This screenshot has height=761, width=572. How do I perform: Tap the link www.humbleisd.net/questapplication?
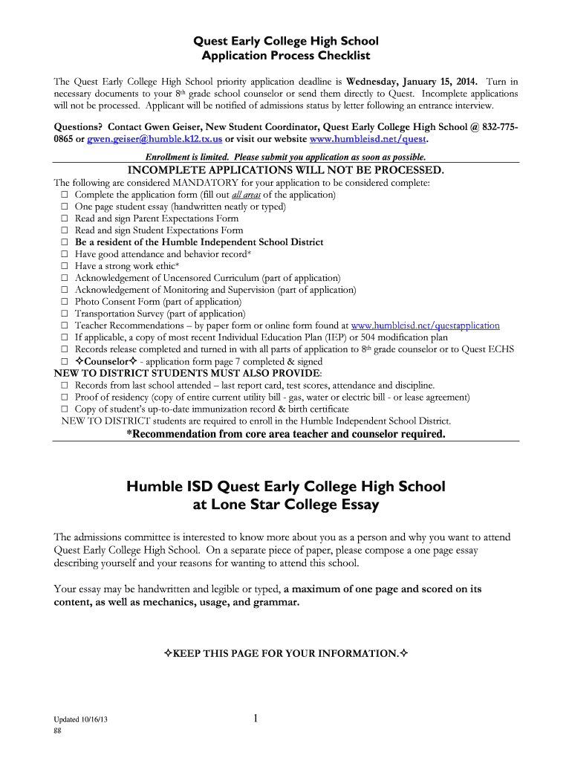[425, 326]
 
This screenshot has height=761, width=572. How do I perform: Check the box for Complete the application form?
[65, 195]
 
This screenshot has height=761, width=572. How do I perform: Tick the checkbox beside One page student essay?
[65, 207]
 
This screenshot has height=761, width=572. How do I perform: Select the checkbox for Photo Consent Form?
[65, 302]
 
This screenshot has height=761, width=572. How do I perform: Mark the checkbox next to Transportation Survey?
[65, 314]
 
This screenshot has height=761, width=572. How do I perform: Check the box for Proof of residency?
[65, 398]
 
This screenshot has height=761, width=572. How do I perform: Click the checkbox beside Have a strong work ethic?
[65, 266]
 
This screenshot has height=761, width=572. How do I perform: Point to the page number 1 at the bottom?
[255, 718]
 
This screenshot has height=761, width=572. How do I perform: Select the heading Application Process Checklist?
[286, 56]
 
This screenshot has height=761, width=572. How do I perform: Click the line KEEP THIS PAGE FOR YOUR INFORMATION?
[286, 653]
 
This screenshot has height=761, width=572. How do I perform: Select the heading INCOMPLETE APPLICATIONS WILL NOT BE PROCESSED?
[286, 170]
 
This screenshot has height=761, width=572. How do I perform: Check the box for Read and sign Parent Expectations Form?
[65, 218]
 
